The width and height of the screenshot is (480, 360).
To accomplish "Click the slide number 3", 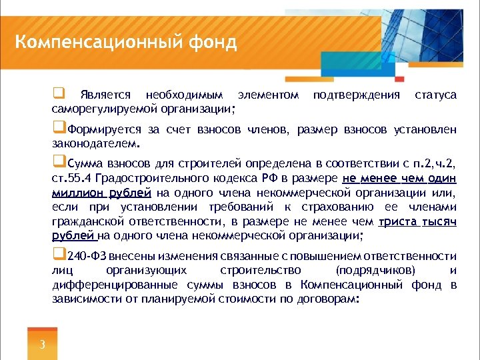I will [x=42, y=345].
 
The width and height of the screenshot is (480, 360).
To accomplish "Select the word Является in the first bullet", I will [x=103, y=96].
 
